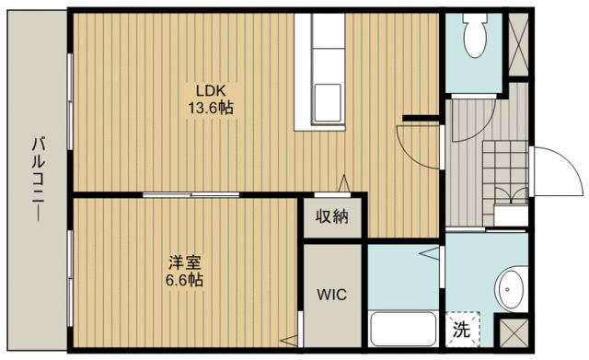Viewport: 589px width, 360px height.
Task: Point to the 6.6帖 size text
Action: click(x=183, y=279)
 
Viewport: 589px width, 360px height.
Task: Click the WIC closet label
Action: click(x=332, y=296)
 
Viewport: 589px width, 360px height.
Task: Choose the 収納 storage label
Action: click(x=333, y=217)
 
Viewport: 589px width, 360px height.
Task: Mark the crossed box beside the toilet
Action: click(x=518, y=44)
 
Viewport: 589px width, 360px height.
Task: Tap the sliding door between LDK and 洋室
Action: click(x=191, y=193)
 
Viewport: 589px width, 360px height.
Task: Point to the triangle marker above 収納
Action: click(x=345, y=182)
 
